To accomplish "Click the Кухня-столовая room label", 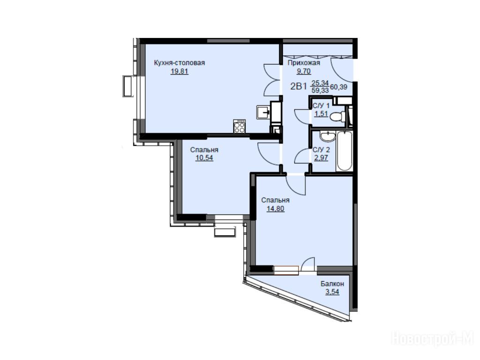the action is [180, 63].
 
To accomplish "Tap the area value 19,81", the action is [180, 72].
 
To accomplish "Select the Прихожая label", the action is [304, 63].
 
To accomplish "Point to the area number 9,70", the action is [304, 71].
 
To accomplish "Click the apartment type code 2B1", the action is [299, 86].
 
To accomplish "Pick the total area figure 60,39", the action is [338, 87].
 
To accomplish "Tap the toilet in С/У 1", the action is [338, 116].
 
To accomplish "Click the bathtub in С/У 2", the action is [345, 151].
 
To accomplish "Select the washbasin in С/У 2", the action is [328, 136].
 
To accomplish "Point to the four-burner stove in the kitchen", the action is [240, 126].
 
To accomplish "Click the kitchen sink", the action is [263, 112].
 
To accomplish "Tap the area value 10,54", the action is [204, 158].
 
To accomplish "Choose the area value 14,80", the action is [275, 209].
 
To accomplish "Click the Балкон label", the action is [332, 284].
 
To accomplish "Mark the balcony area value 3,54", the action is [332, 292].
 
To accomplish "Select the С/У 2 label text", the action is [322, 150].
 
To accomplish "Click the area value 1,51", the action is [321, 114].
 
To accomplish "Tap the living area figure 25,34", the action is [320, 82].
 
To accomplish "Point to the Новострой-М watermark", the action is [433, 338].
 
